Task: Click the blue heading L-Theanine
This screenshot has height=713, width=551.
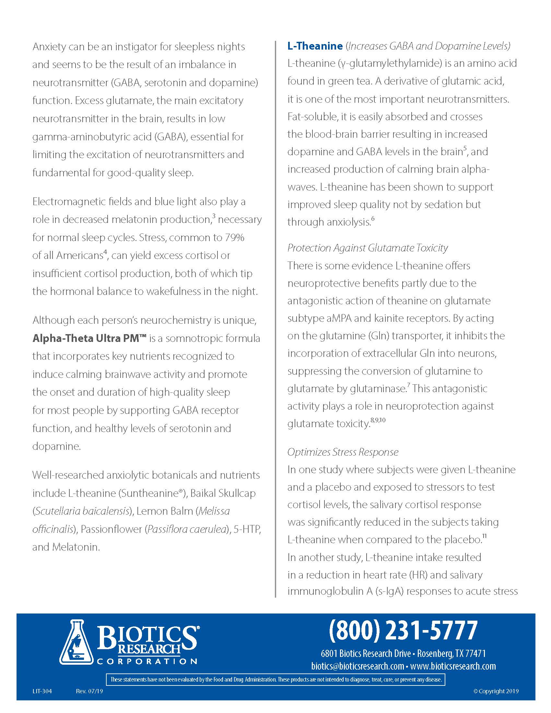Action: pos(315,46)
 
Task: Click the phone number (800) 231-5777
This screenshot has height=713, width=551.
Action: pos(403,630)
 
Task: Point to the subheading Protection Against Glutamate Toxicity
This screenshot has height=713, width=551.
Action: pos(367,248)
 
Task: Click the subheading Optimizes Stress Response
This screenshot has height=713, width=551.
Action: pos(343,452)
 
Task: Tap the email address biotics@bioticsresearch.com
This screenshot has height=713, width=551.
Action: pos(358,666)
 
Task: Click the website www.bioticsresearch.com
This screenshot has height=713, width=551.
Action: pos(453,666)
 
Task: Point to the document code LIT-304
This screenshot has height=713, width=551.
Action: pos(42,691)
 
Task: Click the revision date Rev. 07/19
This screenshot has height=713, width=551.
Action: pos(89,691)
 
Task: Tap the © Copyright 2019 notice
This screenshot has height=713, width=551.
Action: pos(496,691)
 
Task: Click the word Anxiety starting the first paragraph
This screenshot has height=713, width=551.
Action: pos(49,47)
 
